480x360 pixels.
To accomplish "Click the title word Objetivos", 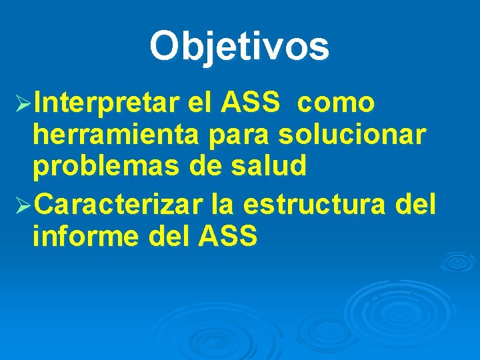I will click(x=239, y=47).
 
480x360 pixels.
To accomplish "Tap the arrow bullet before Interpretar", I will click(x=22, y=105).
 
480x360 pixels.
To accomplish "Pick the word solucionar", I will click(x=352, y=135).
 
